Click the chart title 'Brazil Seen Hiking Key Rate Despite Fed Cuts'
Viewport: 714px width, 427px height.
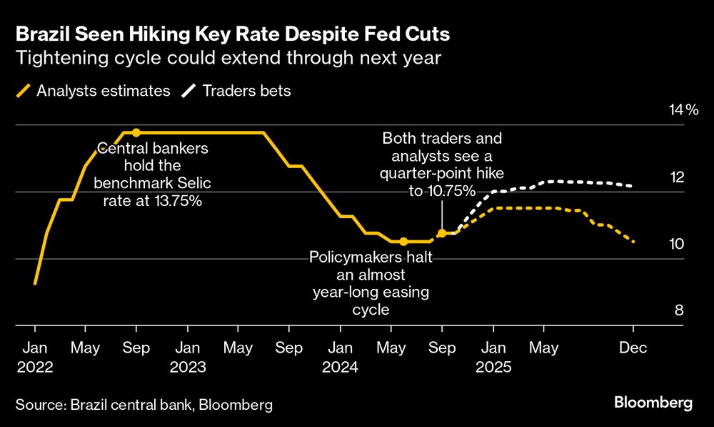pyautogui.click(x=233, y=34)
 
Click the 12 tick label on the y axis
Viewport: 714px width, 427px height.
pyautogui.click(x=675, y=177)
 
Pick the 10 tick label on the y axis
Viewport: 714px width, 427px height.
pyautogui.click(x=675, y=244)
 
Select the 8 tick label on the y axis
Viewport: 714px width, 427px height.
pyautogui.click(x=679, y=310)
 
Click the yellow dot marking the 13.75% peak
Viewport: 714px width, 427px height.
pyautogui.click(x=136, y=133)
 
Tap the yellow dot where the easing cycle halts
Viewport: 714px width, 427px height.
pyautogui.click(x=403, y=242)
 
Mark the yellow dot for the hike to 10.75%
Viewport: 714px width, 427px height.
pyautogui.click(x=441, y=233)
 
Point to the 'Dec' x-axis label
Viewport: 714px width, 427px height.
pyautogui.click(x=633, y=348)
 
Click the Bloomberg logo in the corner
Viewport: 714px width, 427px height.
pyautogui.click(x=653, y=403)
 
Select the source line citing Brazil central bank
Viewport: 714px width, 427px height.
pyautogui.click(x=144, y=405)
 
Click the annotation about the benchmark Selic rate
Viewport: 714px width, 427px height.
pyautogui.click(x=153, y=175)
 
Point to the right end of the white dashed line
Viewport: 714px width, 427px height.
pyautogui.click(x=633, y=186)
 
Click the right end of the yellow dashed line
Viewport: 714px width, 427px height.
pyautogui.click(x=633, y=242)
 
